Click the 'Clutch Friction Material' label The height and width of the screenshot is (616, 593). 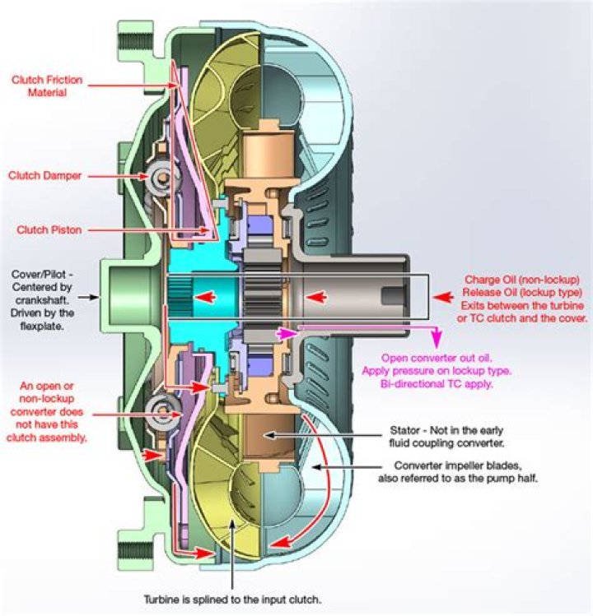49,86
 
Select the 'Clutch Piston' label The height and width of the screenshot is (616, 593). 49,230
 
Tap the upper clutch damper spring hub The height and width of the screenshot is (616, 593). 156,175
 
